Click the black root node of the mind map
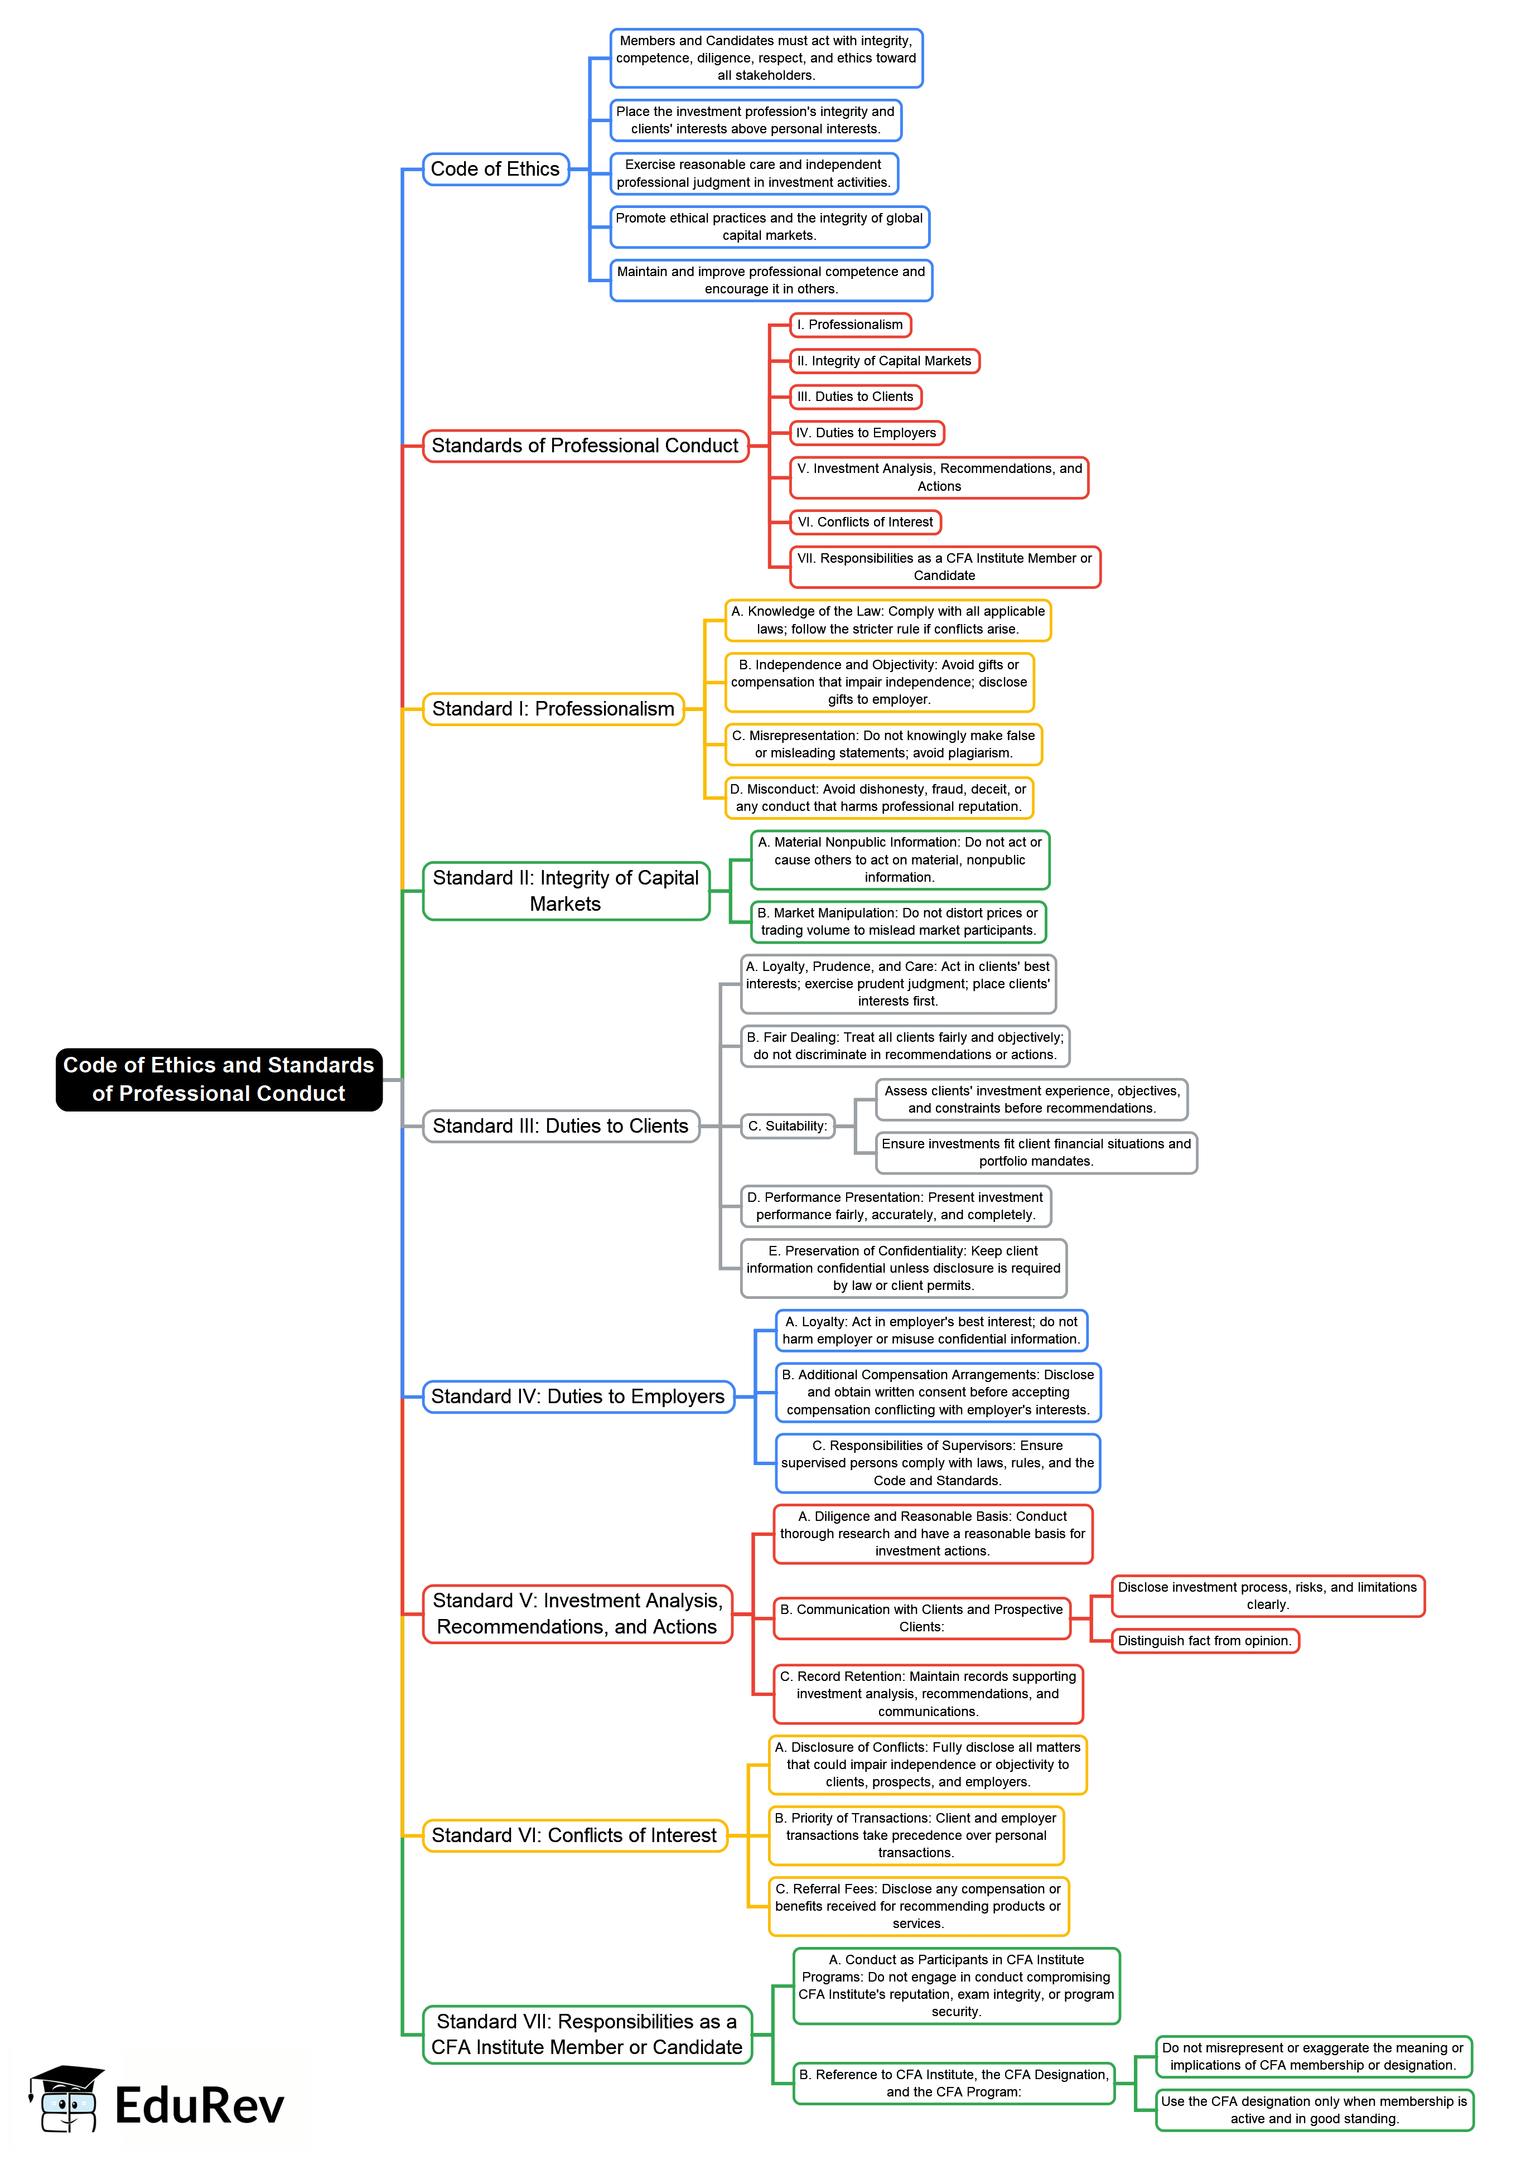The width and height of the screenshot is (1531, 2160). (219, 1079)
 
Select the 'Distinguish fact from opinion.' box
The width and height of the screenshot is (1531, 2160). (1204, 1641)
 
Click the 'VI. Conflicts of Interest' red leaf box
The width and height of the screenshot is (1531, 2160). (864, 522)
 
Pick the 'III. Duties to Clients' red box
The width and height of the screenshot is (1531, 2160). (855, 397)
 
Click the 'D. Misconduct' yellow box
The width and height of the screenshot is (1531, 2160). (878, 798)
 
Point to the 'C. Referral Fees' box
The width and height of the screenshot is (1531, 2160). (917, 1906)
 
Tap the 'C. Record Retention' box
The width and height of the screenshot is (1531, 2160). (928, 1694)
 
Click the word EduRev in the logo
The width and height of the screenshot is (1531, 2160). (199, 2106)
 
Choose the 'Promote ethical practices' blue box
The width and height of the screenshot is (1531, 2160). (769, 227)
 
